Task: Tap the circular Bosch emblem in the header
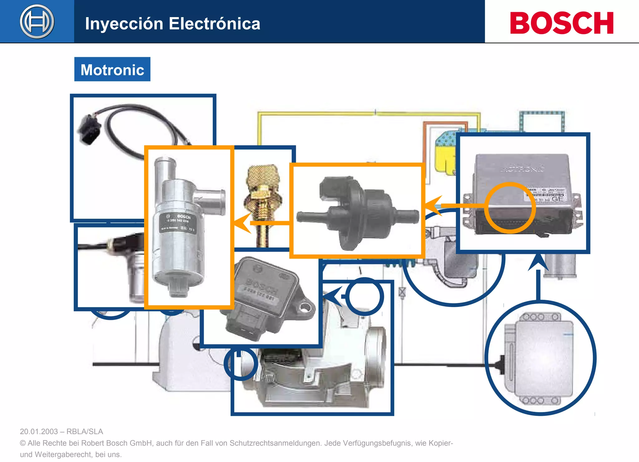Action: [37, 22]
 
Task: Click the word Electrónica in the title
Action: [214, 24]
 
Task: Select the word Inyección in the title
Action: [124, 24]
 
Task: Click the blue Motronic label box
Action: [112, 69]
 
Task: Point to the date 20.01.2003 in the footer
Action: [39, 431]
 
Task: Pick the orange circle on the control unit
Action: [510, 208]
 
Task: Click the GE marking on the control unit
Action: [557, 199]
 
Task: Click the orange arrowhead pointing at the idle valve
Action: [242, 223]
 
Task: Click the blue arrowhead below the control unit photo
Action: [538, 262]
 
